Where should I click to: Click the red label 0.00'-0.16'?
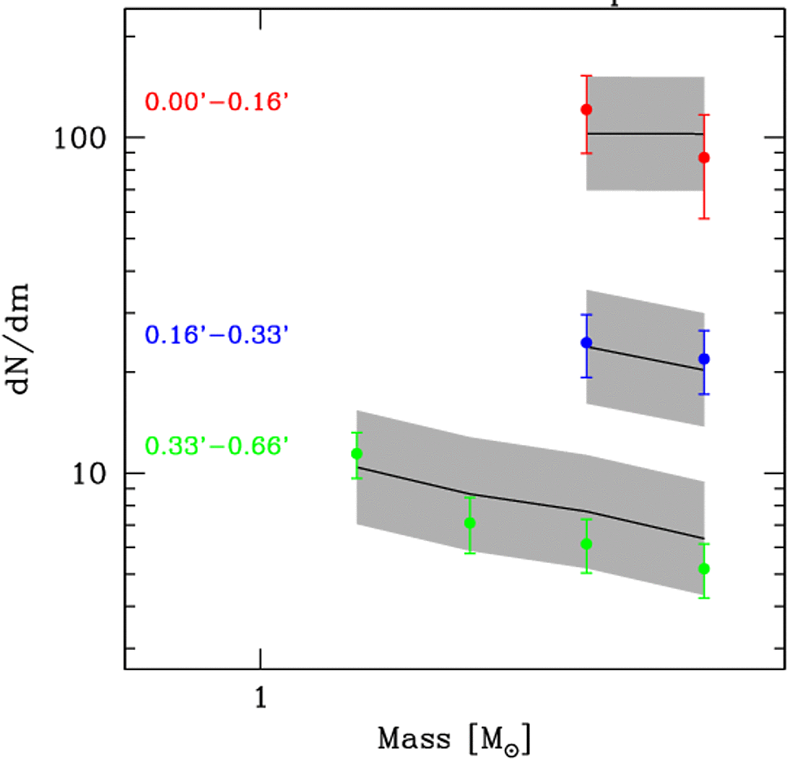tap(217, 102)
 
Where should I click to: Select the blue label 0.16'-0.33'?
tap(217, 335)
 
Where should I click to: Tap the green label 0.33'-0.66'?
tap(217, 447)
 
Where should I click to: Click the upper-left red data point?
tap(586, 109)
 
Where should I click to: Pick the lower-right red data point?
tap(704, 157)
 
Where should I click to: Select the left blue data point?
tap(586, 342)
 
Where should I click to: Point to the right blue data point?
tap(704, 359)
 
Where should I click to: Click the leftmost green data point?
tap(356, 453)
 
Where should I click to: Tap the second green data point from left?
tap(469, 522)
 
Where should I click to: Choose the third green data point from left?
tap(586, 543)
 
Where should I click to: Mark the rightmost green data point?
tap(704, 568)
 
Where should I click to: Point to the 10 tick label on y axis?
tap(89, 473)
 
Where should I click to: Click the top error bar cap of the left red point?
tap(586, 76)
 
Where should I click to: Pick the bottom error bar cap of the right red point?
tap(704, 218)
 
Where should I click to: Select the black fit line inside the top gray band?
tap(645, 133)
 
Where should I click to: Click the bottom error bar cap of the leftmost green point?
tap(356, 477)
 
